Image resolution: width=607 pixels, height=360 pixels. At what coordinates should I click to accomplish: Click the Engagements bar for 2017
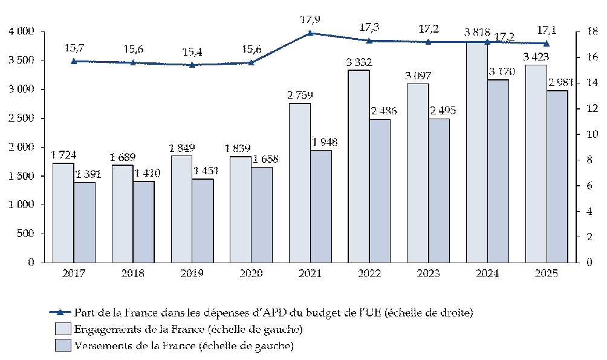[63, 212]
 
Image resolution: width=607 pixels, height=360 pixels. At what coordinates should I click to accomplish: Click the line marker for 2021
[310, 33]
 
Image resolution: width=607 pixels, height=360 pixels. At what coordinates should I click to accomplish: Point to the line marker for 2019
[192, 65]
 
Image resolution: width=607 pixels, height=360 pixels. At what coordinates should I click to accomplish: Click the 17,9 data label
[310, 19]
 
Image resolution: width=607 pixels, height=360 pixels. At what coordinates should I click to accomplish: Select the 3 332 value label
[359, 62]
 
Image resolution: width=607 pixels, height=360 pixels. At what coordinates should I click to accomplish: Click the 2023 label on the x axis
[428, 273]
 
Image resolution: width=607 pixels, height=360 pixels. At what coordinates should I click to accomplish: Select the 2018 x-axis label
[132, 273]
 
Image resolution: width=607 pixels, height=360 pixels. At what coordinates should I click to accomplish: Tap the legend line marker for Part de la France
[60, 313]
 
